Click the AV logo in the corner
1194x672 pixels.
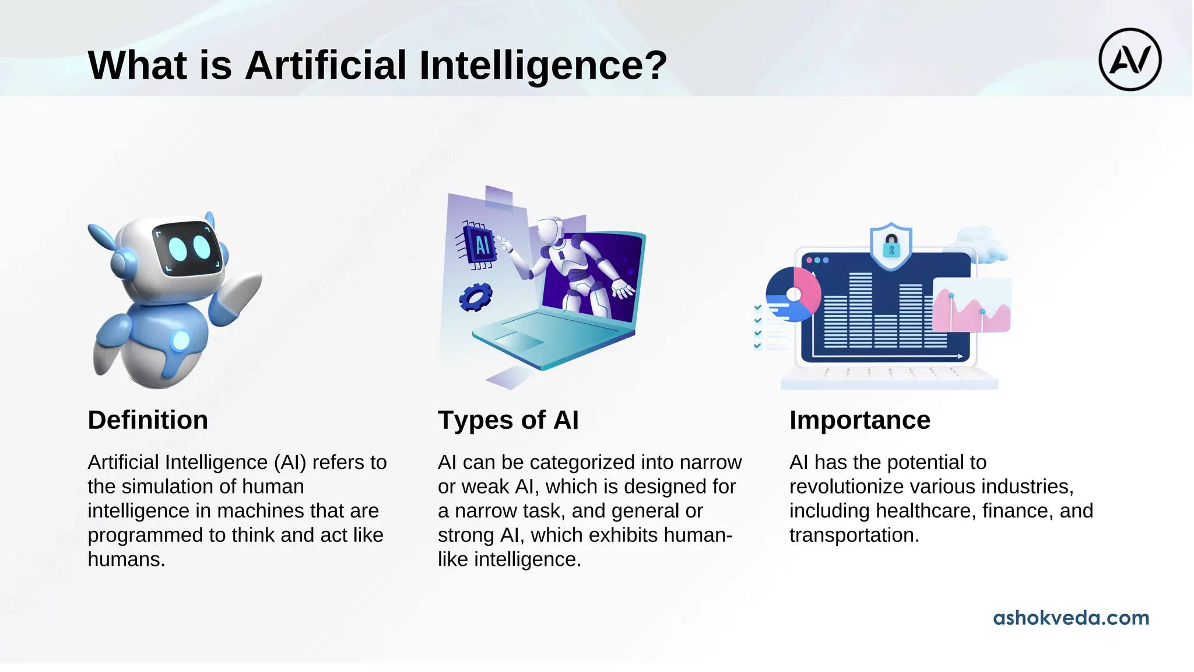[x=1129, y=60]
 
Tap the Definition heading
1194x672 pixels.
[x=148, y=420]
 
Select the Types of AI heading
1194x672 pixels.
[x=508, y=420]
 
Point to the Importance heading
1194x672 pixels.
[x=859, y=420]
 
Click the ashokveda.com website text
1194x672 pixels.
[x=1070, y=618]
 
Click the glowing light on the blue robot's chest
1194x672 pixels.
[x=181, y=340]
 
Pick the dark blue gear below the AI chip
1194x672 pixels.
[x=475, y=296]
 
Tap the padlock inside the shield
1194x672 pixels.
[x=891, y=246]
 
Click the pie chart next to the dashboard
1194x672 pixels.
[x=792, y=295]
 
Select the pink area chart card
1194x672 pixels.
[x=971, y=306]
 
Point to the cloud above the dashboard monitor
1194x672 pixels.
[x=983, y=244]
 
